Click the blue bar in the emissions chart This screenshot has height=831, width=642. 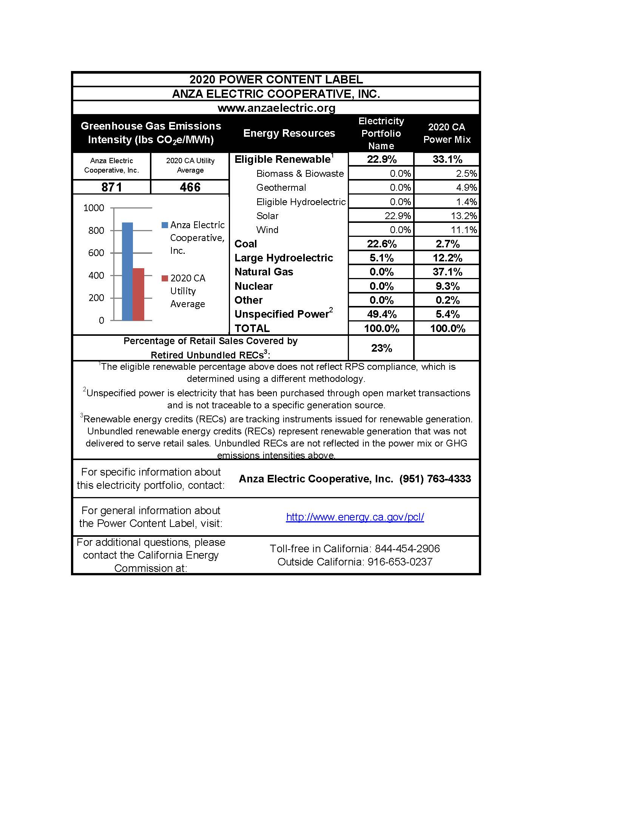127,271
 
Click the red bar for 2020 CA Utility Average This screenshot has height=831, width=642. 139,294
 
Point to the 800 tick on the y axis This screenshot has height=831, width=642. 96,230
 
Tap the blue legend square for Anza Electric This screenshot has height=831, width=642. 165,225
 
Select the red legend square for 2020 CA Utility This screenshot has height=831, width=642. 165,278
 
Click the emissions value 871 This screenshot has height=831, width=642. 111,187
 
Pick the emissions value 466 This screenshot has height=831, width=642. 190,187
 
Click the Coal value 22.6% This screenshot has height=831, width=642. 381,244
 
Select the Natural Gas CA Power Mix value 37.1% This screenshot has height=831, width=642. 447,272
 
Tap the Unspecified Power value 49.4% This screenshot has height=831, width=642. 381,314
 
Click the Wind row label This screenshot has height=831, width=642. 267,230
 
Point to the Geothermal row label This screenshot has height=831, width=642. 281,188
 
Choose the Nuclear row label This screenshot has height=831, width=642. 253,286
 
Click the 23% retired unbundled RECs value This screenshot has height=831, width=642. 381,348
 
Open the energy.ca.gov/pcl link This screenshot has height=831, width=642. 355,517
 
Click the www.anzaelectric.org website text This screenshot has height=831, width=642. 276,108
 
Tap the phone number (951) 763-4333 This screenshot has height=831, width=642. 435,479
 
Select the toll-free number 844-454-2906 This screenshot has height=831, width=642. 407,549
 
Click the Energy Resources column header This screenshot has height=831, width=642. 289,133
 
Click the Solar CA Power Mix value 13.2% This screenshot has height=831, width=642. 464,216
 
